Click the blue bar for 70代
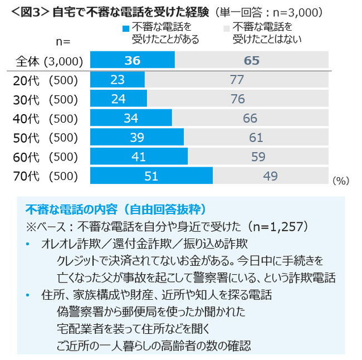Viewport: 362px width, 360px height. (x=151, y=176)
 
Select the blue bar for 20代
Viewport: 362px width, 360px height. (x=117, y=80)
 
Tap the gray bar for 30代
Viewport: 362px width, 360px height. (x=237, y=99)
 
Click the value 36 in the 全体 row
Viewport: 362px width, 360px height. (x=133, y=60)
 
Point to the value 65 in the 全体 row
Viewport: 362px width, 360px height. (x=252, y=60)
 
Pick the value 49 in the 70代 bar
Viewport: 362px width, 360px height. (x=270, y=176)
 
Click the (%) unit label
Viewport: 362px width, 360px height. (x=340, y=181)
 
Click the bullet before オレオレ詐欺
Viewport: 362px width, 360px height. (x=27, y=244)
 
